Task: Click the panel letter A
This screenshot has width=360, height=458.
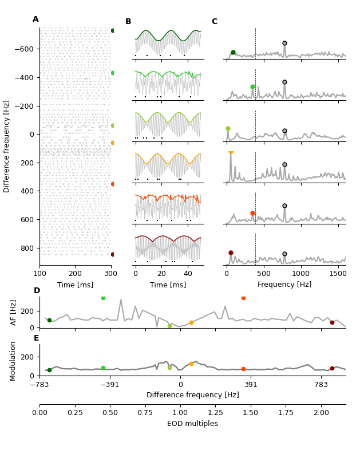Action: pyautogui.click(x=35, y=19)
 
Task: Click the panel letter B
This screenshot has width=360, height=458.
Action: pyautogui.click(x=128, y=22)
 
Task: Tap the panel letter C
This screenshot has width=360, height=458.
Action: pyautogui.click(x=214, y=22)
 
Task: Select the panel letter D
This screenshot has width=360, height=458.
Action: pyautogui.click(x=37, y=291)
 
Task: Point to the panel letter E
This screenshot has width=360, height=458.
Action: pyautogui.click(x=37, y=338)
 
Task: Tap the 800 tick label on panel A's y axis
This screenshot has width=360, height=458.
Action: pyautogui.click(x=27, y=248)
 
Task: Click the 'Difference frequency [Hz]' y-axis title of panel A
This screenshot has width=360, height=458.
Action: pyautogui.click(x=7, y=146)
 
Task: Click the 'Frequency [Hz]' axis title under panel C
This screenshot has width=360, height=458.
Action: pyautogui.click(x=284, y=285)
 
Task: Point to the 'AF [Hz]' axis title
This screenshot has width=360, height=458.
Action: pyautogui.click(x=14, y=313)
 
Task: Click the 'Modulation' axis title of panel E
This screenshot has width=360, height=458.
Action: pyautogui.click(x=14, y=361)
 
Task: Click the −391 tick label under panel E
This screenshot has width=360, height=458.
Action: pyautogui.click(x=110, y=385)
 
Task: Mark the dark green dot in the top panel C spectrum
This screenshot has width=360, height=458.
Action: pyautogui.click(x=233, y=52)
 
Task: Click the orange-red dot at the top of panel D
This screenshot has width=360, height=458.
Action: pyautogui.click(x=243, y=298)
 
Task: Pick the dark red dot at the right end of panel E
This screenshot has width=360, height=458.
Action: pyautogui.click(x=332, y=369)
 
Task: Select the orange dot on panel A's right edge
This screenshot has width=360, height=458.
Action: pyautogui.click(x=113, y=143)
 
